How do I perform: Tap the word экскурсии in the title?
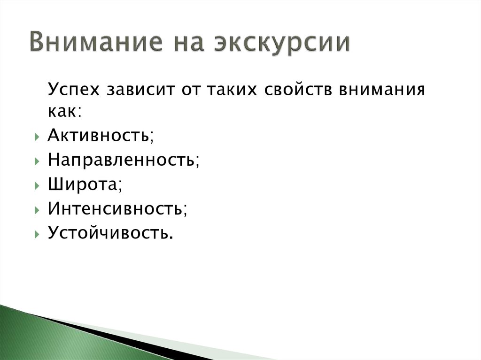pyautogui.click(x=282, y=44)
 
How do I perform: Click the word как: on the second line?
pyautogui.click(x=64, y=111)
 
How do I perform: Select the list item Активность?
pyautogui.click(x=101, y=136)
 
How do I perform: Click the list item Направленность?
pyautogui.click(x=124, y=160)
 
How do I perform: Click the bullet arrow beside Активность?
pyautogui.click(x=37, y=137)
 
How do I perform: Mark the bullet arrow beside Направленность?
pyautogui.click(x=37, y=161)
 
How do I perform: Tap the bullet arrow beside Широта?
pyautogui.click(x=37, y=185)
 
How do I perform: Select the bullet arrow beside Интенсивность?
pyautogui.click(x=37, y=210)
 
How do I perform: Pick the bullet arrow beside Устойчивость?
pyautogui.click(x=37, y=234)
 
